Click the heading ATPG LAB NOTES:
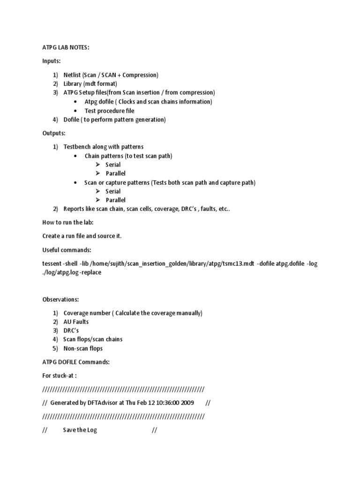pos(63,47)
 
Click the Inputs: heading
pos(52,61)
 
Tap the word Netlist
pos(72,75)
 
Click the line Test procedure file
pos(109,111)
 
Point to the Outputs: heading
pos(54,133)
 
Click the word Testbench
pos(78,147)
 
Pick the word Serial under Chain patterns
pos(113,165)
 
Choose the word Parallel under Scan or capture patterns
pos(116,200)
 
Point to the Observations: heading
pos(60,300)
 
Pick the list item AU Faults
pos(76,322)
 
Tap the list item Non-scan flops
pos(83,349)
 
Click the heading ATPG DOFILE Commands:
pos(76,362)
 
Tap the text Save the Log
pos(80,430)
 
